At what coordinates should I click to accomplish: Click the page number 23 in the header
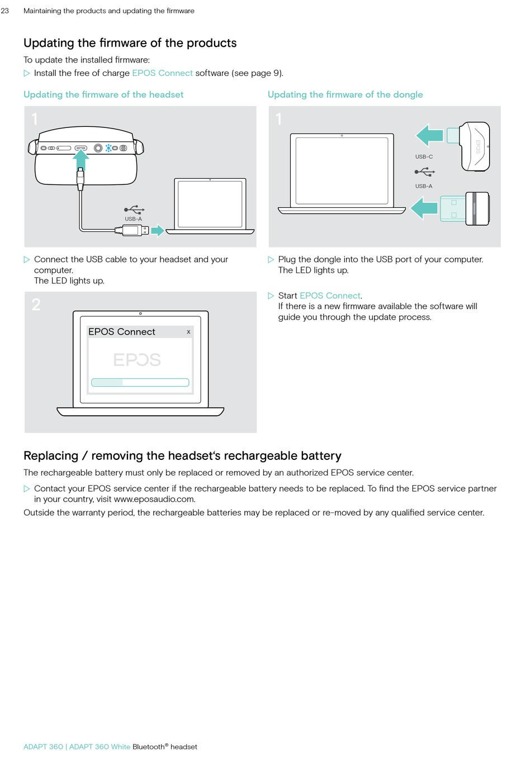[5, 11]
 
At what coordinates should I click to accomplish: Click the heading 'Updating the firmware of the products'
[130, 43]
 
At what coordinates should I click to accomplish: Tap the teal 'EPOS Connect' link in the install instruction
[162, 73]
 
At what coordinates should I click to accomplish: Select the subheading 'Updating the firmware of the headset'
[103, 94]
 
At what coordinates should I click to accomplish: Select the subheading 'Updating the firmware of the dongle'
[345, 94]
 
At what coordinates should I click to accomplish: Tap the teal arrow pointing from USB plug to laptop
[158, 230]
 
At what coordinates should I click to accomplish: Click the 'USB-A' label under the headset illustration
[133, 219]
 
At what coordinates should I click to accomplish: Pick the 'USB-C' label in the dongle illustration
[424, 157]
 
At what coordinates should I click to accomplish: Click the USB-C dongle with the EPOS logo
[475, 146]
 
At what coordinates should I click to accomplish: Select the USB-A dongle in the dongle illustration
[465, 209]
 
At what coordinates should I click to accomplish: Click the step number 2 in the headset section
[36, 305]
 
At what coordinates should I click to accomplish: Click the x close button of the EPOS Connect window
[188, 332]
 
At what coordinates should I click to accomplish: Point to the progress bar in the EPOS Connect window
[140, 383]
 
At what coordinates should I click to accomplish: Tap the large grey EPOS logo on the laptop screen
[137, 360]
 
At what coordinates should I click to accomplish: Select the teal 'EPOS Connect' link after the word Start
[330, 296]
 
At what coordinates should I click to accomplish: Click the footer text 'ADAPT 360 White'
[99, 747]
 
